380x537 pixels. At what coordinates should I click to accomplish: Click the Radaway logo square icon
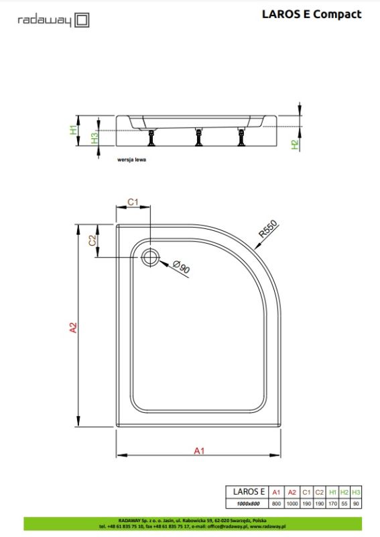[82, 20]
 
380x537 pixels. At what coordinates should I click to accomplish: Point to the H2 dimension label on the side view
[294, 144]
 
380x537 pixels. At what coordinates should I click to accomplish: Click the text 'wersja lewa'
[131, 160]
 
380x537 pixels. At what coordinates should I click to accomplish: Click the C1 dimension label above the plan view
[133, 202]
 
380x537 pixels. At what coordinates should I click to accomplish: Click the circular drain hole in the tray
[150, 257]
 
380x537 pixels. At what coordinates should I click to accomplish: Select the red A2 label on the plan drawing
[73, 328]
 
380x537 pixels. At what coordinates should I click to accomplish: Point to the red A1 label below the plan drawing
[199, 450]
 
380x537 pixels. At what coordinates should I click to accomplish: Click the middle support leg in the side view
[198, 138]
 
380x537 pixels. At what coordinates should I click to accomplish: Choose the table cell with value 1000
[292, 503]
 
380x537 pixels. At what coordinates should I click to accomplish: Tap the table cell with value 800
[275, 503]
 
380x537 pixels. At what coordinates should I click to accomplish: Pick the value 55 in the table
[344, 503]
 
